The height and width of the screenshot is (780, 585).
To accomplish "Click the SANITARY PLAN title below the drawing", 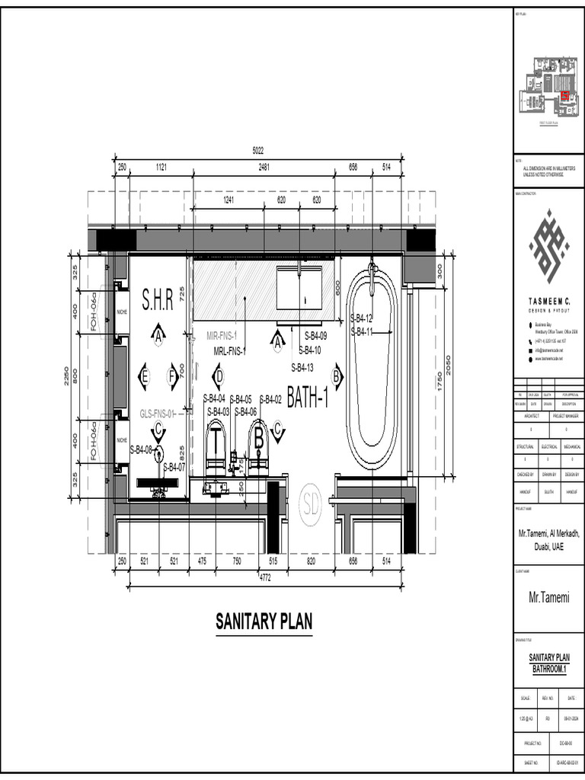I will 264,622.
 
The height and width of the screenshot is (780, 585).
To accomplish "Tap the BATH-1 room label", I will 308,397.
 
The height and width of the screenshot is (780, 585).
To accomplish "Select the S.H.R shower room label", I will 158,297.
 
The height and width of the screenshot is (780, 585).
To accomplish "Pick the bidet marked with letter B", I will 260,446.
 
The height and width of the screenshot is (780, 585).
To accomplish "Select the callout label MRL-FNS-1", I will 230,351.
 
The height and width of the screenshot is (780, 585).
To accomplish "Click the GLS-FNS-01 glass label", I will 158,414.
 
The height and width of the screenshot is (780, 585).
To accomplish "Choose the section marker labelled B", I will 337,376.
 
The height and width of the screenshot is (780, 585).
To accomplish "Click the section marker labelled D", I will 218,376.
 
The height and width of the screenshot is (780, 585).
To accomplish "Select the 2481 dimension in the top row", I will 264,167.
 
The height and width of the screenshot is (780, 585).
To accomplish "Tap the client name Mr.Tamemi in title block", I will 549,598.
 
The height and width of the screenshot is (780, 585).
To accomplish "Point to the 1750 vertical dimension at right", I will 440,385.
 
